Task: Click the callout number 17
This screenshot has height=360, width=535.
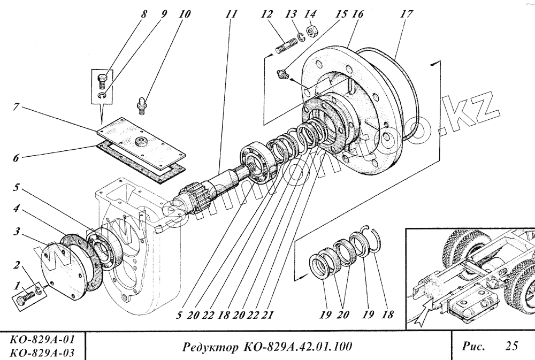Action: [406, 14]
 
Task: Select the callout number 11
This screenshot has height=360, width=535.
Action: [231, 14]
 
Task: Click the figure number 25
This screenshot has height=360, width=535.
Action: [511, 346]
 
